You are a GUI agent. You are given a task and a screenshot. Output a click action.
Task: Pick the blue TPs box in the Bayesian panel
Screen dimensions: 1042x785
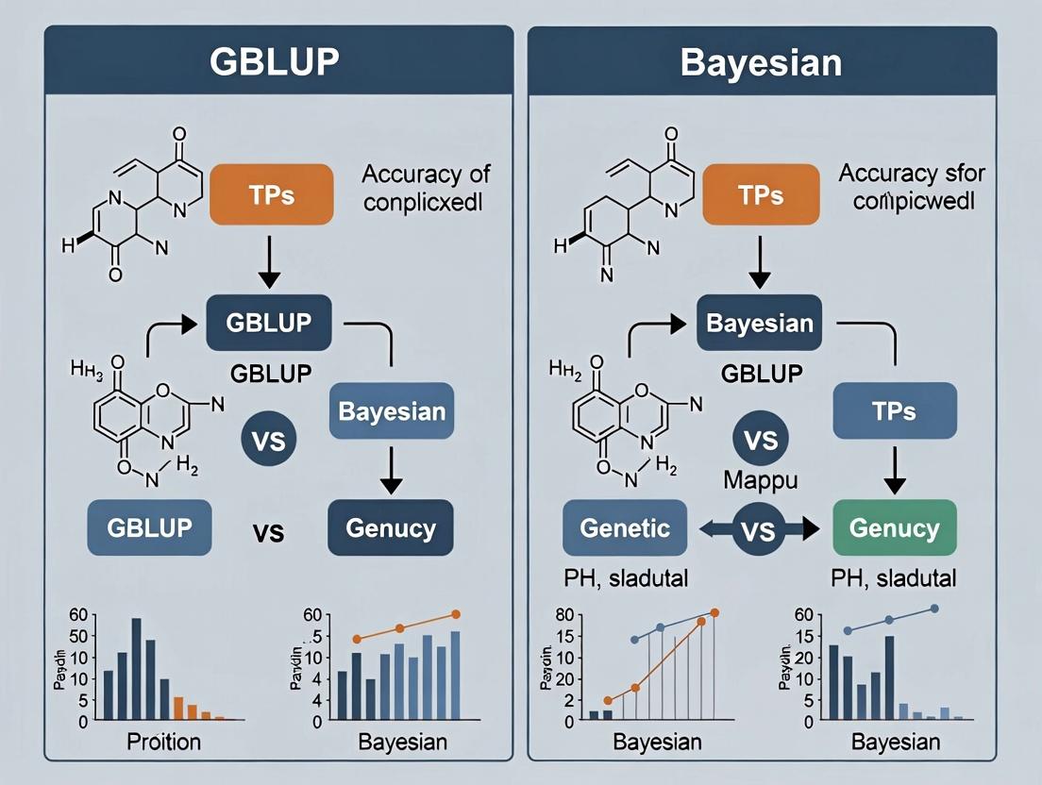click(x=893, y=412)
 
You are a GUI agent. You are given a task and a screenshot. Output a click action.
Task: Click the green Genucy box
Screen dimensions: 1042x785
click(x=893, y=527)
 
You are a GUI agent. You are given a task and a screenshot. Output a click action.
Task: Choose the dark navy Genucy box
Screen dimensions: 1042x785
click(x=390, y=527)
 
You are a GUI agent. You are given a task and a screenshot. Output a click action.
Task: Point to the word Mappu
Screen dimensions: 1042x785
click(x=761, y=480)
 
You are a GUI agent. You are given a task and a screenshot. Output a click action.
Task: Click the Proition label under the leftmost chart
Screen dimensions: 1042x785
click(x=163, y=741)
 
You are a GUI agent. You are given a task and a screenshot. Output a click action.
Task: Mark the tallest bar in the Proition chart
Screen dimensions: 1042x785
click(x=136, y=669)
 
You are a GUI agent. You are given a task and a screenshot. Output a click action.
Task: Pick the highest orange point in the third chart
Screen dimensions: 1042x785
click(x=714, y=613)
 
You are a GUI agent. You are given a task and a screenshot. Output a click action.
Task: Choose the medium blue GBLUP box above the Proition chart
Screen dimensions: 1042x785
click(x=149, y=527)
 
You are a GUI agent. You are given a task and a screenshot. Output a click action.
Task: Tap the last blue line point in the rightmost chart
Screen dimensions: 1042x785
click(x=934, y=609)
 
